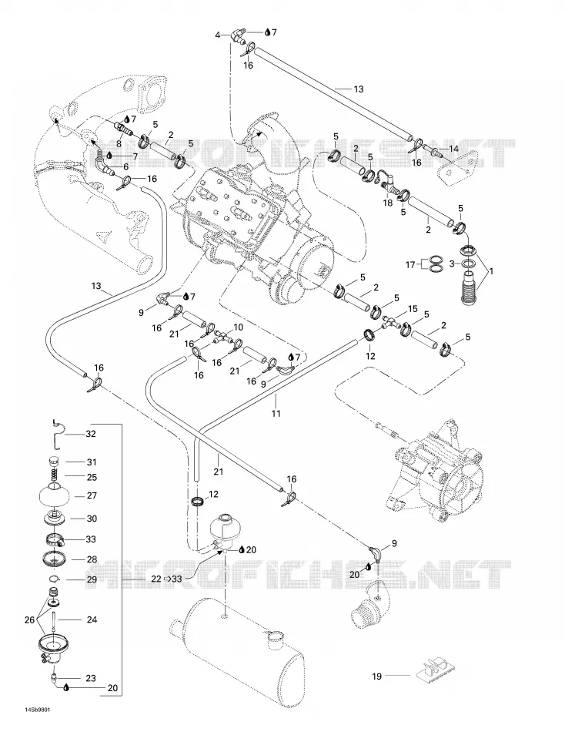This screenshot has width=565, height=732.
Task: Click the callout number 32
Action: pos(91,434)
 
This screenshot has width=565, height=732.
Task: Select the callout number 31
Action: pos(92,462)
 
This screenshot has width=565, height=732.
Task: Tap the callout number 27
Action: pos(92,495)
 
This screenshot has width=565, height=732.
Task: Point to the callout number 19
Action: pos(377,676)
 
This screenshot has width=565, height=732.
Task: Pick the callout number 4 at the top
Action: pos(217,35)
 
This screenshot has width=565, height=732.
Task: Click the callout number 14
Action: pos(454,149)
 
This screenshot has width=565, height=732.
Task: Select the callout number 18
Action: pos(388,203)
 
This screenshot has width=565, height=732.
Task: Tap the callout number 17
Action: pos(410,265)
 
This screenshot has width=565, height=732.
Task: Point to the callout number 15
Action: pos(413,308)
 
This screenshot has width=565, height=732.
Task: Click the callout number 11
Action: pos(276,413)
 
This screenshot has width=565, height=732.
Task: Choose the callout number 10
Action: pos(238,327)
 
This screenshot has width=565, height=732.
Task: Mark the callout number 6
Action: pos(125,166)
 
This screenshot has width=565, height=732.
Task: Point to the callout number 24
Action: pos(92,620)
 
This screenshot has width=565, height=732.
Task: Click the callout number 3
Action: pos(451,264)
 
